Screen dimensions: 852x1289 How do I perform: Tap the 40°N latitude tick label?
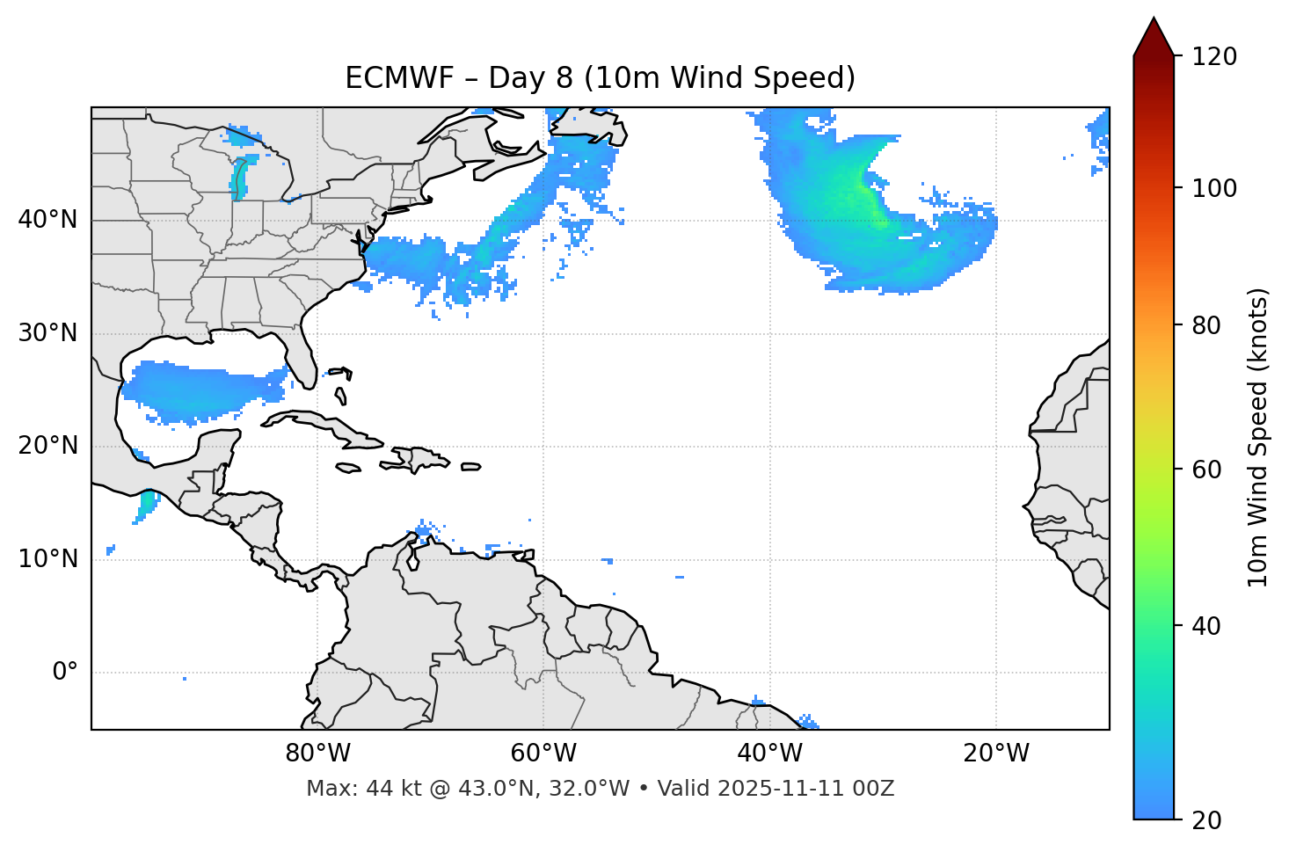47,219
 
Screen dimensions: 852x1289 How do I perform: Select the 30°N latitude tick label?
47,333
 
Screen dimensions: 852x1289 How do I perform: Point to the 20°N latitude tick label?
47,446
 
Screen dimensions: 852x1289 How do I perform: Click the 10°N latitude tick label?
47,559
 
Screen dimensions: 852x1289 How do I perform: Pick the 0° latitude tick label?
65,673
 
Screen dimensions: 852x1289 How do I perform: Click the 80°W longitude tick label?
317,754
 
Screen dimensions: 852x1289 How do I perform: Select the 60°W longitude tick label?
543,754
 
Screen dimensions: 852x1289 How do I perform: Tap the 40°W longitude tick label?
769,754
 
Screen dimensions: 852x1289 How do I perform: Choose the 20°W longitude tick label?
995,754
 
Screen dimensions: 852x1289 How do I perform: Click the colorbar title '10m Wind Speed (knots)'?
1258,437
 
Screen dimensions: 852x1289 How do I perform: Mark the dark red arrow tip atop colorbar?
1153,26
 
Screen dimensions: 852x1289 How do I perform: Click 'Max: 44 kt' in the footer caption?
345,789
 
